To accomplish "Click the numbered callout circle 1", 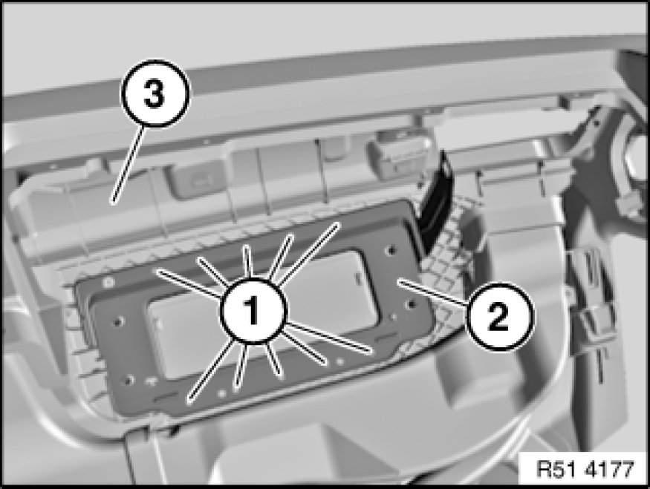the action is (253, 311).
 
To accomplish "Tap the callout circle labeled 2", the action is (498, 317).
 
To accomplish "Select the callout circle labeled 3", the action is (155, 93).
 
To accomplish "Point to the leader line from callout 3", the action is (127, 165).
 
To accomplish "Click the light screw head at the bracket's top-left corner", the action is (109, 283).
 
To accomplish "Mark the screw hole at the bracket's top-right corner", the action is (390, 249).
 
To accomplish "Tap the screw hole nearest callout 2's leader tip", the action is (412, 304).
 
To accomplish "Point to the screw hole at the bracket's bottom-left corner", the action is (129, 379).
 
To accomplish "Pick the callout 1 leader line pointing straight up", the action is (248, 262).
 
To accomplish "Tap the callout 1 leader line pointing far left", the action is (189, 283).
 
